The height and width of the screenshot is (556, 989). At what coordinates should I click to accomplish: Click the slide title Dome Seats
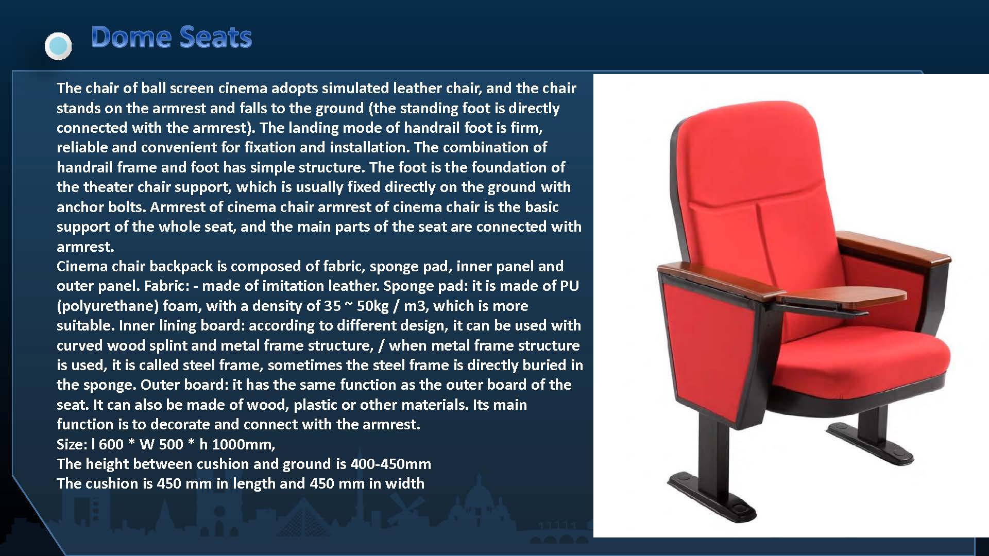click(x=171, y=37)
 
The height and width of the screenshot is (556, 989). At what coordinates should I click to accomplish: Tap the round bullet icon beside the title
click(x=58, y=46)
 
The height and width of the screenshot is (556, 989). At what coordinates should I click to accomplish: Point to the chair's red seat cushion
click(x=876, y=360)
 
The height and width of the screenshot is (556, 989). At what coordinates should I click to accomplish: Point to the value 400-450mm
click(x=390, y=464)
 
